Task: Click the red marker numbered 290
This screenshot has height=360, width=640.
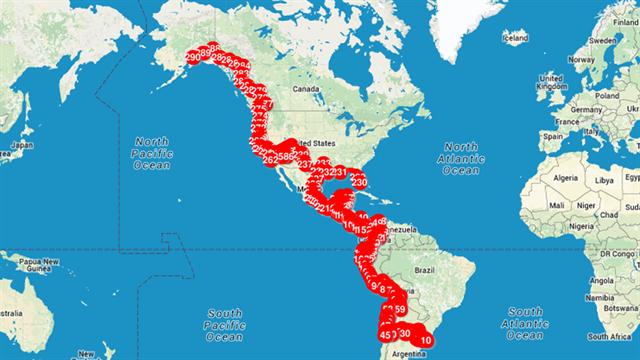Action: click(x=194, y=58)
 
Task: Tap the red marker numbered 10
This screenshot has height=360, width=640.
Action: click(x=426, y=340)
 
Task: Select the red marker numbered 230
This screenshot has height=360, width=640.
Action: click(x=359, y=182)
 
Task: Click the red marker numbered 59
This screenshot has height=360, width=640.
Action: click(x=399, y=310)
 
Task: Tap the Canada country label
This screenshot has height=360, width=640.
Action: click(x=306, y=88)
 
